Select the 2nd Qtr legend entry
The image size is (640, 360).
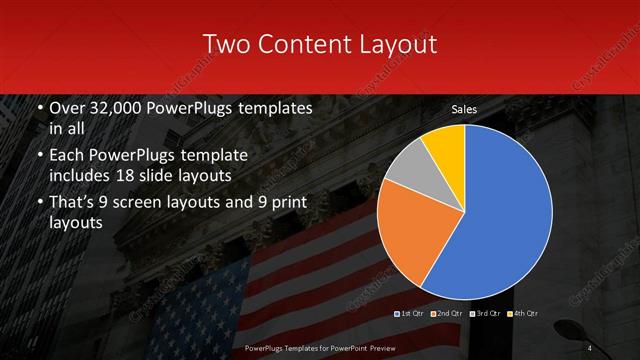[x=447, y=314]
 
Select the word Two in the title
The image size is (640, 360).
[x=227, y=44]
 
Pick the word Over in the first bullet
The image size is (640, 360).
[x=68, y=108]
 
